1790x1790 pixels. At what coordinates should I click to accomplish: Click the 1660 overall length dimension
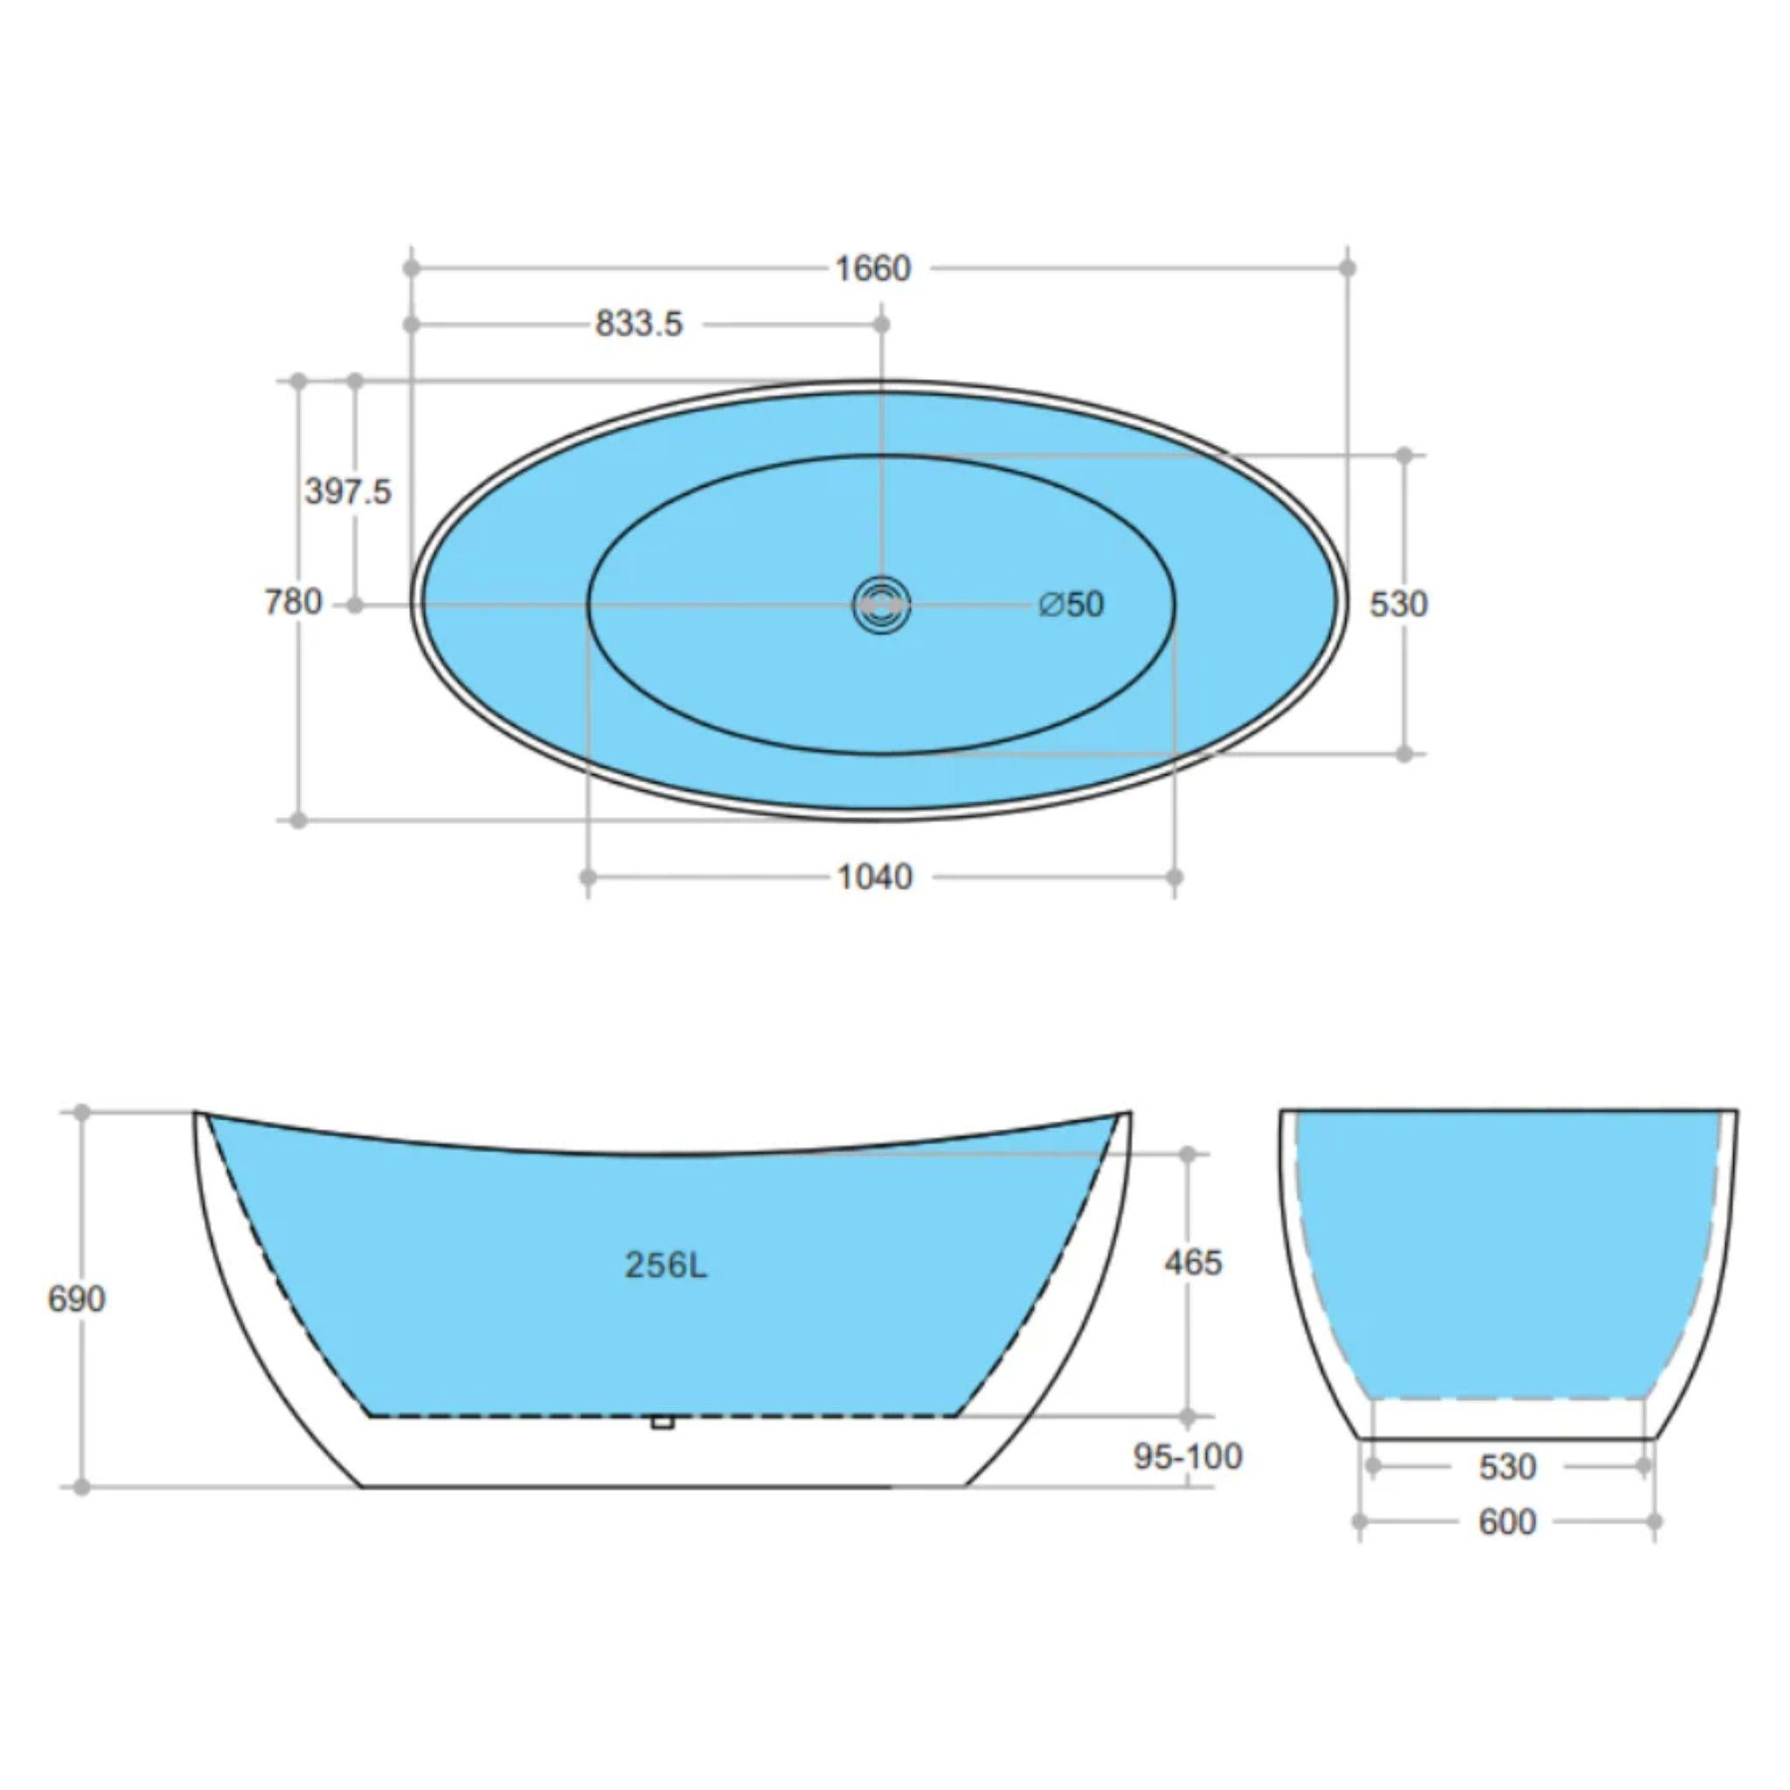[x=873, y=268]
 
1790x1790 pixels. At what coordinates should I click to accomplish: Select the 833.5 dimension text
[x=638, y=324]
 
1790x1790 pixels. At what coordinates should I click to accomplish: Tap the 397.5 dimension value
[x=349, y=491]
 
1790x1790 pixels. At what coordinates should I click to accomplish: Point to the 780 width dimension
[x=293, y=603]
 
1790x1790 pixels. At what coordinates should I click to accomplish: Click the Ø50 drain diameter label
[x=1072, y=604]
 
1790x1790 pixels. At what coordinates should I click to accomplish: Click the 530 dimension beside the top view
[x=1398, y=604]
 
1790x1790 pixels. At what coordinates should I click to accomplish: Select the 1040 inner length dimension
[x=875, y=877]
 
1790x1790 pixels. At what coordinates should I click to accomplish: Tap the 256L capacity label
[x=665, y=1265]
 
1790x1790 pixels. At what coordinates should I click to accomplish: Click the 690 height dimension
[x=76, y=1299]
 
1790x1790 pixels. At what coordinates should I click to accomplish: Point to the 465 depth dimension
[x=1193, y=1262]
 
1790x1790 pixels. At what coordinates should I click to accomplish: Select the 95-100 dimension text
[x=1188, y=1456]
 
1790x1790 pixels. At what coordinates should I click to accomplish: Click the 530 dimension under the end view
[x=1508, y=1467]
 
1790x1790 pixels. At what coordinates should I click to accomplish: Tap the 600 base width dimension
[x=1508, y=1522]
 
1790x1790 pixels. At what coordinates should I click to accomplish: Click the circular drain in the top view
[x=881, y=605]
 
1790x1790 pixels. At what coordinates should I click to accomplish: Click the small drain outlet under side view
[x=662, y=1421]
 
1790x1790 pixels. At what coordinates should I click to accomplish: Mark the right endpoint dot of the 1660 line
[x=1348, y=267]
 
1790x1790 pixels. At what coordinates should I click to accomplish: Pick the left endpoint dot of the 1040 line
[x=587, y=877]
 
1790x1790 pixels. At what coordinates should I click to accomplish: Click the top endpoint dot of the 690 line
[x=81, y=1112]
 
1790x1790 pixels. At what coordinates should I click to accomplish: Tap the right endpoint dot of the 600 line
[x=1655, y=1522]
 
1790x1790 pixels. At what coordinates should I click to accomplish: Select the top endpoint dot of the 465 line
[x=1188, y=1154]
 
